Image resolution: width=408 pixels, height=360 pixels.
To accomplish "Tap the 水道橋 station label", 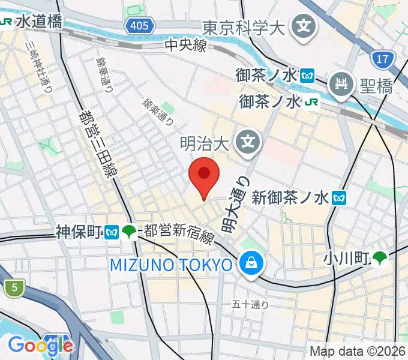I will [38, 22].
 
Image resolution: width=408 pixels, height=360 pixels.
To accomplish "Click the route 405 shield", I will [141, 25].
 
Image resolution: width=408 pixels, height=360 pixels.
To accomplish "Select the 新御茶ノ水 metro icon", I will [340, 196].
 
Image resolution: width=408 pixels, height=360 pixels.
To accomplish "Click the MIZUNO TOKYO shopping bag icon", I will [249, 263].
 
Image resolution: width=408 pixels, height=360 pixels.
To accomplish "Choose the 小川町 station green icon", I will [379, 259].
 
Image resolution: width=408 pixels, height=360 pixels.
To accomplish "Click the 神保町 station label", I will [79, 232].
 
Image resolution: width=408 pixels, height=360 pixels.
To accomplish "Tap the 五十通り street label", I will [250, 305].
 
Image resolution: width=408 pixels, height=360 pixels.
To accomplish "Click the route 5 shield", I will [13, 288].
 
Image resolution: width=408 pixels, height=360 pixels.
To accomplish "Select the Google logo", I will [41, 345].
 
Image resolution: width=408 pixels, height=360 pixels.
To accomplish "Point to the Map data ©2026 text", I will [357, 351].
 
